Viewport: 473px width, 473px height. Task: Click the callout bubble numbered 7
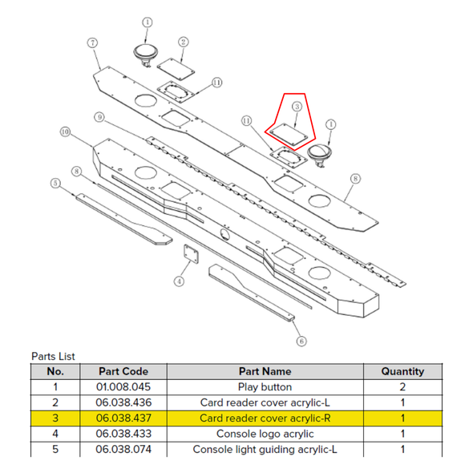tap(93, 42)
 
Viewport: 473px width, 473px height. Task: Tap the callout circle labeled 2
tap(183, 42)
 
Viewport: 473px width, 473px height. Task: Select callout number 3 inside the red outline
tap(297, 106)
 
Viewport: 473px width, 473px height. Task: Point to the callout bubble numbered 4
tap(180, 281)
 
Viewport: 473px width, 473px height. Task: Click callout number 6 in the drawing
tap(301, 342)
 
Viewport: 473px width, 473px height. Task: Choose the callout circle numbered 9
tap(99, 117)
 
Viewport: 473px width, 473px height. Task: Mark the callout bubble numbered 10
tap(66, 131)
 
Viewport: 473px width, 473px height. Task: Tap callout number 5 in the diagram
tap(55, 183)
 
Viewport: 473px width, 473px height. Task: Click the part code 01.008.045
tap(123, 386)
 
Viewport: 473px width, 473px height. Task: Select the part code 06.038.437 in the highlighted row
tap(123, 418)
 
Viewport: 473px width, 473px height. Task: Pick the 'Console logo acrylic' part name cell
tap(265, 434)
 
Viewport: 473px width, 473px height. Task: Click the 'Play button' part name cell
tap(265, 386)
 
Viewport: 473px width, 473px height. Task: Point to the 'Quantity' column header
tap(402, 371)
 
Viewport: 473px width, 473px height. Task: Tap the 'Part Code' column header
tap(123, 371)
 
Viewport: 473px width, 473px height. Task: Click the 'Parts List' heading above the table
tap(53, 356)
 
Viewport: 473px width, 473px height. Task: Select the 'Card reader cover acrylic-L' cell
tap(265, 402)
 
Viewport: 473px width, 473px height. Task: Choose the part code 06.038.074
tap(123, 449)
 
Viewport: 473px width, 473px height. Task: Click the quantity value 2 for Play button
tap(402, 386)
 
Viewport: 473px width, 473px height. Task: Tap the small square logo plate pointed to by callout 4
tap(192, 254)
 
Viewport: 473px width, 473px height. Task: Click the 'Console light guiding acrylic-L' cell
tap(265, 450)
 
